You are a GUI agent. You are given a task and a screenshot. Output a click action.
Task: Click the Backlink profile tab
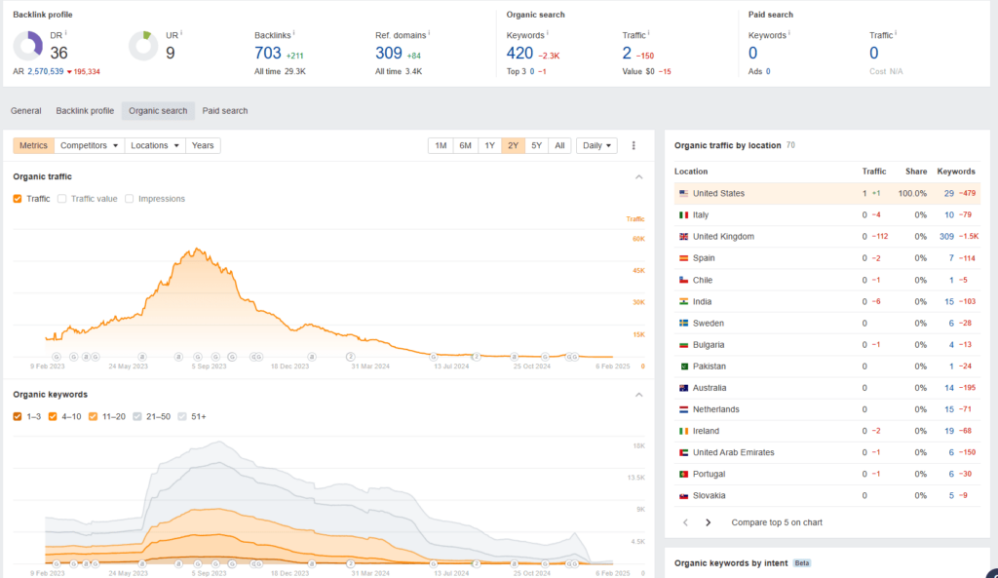pyautogui.click(x=85, y=111)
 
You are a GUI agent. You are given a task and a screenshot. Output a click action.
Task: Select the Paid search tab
pyautogui.click(x=225, y=111)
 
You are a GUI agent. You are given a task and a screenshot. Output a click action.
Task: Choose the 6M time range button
pyautogui.click(x=465, y=145)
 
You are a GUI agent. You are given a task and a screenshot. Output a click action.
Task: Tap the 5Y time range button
pyautogui.click(x=536, y=145)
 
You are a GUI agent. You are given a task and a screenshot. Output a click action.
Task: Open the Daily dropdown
pyautogui.click(x=596, y=145)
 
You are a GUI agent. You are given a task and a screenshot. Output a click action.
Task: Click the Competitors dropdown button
pyautogui.click(x=91, y=145)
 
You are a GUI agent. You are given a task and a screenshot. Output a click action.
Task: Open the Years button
pyautogui.click(x=203, y=145)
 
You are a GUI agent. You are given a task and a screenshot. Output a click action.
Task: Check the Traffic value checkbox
pyautogui.click(x=63, y=199)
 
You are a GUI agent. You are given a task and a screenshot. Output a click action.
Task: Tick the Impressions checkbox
pyautogui.click(x=131, y=199)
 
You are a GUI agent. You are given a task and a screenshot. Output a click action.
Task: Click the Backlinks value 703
pyautogui.click(x=268, y=54)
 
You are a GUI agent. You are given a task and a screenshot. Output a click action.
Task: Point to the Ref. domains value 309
pyautogui.click(x=388, y=54)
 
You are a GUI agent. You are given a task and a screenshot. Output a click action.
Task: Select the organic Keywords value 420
pyautogui.click(x=520, y=54)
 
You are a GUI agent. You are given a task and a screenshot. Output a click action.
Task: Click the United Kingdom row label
pyautogui.click(x=723, y=237)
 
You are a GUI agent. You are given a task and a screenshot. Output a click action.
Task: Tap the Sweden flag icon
pyautogui.click(x=683, y=323)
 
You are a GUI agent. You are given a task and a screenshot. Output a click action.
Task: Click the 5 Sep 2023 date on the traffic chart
pyautogui.click(x=208, y=366)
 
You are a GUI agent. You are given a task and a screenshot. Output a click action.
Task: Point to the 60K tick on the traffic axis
pyautogui.click(x=638, y=238)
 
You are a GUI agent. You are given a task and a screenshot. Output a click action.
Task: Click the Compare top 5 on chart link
pyautogui.click(x=777, y=522)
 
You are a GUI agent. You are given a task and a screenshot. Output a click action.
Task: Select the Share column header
pyautogui.click(x=915, y=172)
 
